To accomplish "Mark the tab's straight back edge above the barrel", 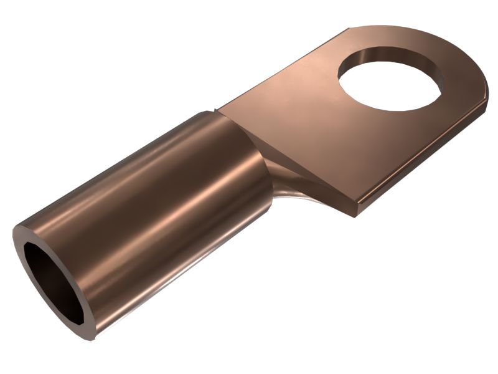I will point(280,69).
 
